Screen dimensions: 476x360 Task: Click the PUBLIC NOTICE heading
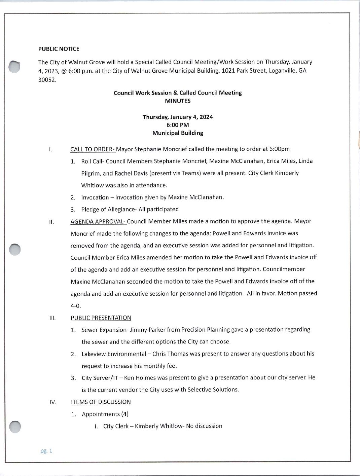[x=59, y=49]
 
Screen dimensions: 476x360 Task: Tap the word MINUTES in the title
[x=178, y=101]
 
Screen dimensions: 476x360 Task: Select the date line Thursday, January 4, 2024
[x=178, y=117]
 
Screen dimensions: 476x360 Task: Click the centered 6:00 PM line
[x=178, y=125]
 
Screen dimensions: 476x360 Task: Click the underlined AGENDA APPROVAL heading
[x=98, y=221]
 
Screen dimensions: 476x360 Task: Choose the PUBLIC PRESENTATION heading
[x=101, y=318]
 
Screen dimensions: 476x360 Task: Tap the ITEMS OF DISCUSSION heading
[x=101, y=402]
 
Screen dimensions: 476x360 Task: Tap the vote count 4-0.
[x=76, y=306]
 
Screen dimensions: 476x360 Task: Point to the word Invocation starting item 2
[x=95, y=197]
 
